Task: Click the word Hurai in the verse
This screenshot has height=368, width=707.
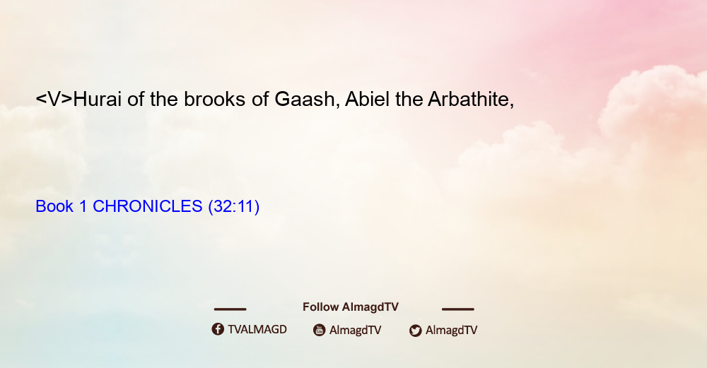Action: (97, 99)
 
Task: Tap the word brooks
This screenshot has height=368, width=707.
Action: (215, 99)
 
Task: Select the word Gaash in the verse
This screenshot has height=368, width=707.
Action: (304, 99)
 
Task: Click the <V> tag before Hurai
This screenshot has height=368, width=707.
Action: (54, 99)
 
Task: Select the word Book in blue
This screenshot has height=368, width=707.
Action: (54, 206)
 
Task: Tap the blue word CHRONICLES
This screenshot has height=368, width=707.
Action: (148, 206)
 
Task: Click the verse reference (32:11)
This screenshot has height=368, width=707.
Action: (233, 207)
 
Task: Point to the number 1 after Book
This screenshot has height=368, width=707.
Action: (83, 206)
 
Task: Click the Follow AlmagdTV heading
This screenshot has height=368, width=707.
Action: (351, 307)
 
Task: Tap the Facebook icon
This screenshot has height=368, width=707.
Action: (218, 329)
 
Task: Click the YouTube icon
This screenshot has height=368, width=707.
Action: (320, 330)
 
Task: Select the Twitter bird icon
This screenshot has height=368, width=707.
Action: (415, 331)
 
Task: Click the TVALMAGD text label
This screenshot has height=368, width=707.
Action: (257, 330)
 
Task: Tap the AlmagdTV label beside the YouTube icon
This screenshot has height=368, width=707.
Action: (356, 330)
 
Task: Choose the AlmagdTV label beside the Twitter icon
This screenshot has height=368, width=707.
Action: (451, 330)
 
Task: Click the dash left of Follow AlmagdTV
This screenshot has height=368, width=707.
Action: (230, 309)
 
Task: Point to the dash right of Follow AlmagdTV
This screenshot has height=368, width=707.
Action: (458, 309)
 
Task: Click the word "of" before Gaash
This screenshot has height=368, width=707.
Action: (260, 99)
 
